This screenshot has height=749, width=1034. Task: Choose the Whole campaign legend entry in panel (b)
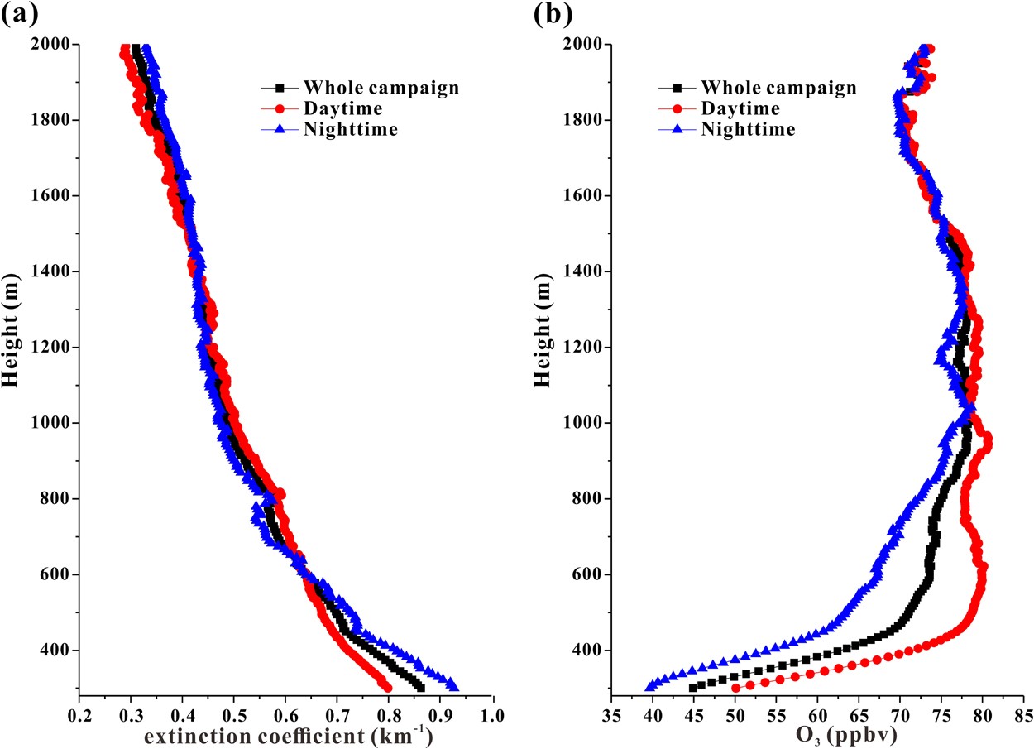click(x=778, y=87)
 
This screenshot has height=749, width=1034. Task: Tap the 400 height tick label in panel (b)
click(x=586, y=651)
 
